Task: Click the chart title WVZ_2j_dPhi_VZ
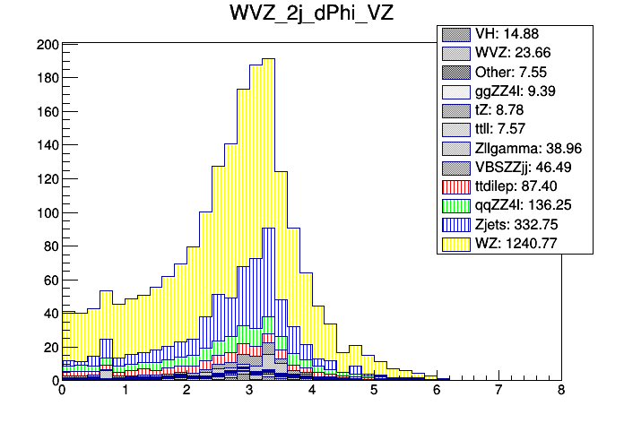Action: coord(311,16)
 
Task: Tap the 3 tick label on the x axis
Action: coord(249,392)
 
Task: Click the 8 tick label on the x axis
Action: coord(561,392)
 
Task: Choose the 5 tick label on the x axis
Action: coord(374,392)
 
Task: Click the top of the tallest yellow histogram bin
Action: coord(268,60)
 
